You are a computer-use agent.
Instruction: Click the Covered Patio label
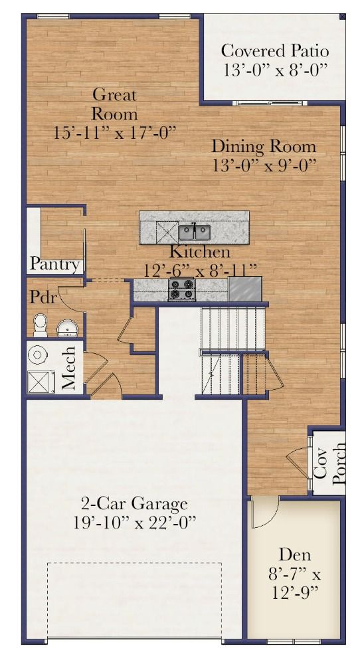tap(275, 51)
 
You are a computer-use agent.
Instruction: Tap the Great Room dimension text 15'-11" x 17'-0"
tap(114, 133)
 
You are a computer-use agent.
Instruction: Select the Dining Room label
tap(264, 147)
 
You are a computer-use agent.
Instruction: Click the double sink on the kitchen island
tap(195, 232)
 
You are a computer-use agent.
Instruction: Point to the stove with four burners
tap(182, 290)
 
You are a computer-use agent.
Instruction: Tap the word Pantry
tap(54, 265)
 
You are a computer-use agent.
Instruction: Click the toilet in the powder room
tap(41, 325)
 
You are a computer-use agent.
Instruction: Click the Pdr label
tap(43, 297)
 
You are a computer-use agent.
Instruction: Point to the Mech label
tap(69, 368)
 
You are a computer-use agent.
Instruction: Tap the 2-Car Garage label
tap(134, 505)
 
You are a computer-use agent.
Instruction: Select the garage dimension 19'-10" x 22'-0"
tap(135, 523)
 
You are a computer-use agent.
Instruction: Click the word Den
tap(294, 554)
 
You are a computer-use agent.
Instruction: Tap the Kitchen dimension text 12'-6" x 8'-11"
tap(201, 270)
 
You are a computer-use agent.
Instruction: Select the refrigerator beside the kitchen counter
tap(245, 289)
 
